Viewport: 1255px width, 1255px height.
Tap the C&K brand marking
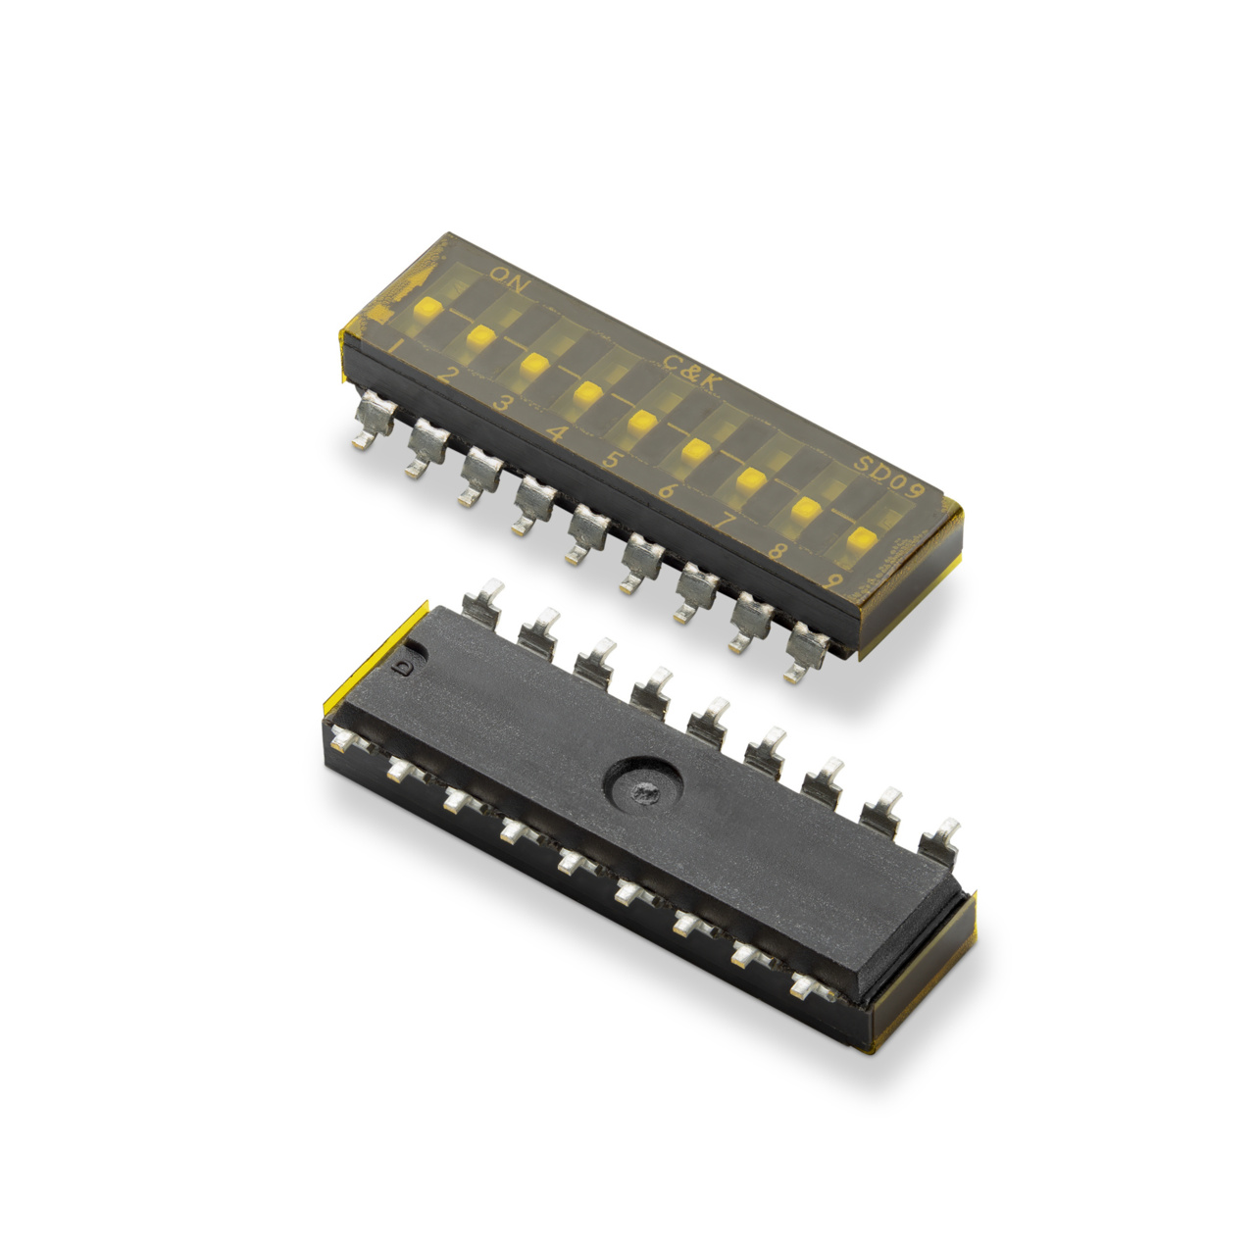coord(688,367)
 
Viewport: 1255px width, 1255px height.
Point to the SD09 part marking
coord(885,472)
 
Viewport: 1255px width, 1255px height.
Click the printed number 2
coord(449,375)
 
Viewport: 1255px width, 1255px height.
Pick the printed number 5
coord(612,460)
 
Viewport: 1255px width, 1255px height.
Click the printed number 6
coord(667,489)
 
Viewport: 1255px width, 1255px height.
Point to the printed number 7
coord(723,521)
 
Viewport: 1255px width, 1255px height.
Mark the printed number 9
coord(832,580)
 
